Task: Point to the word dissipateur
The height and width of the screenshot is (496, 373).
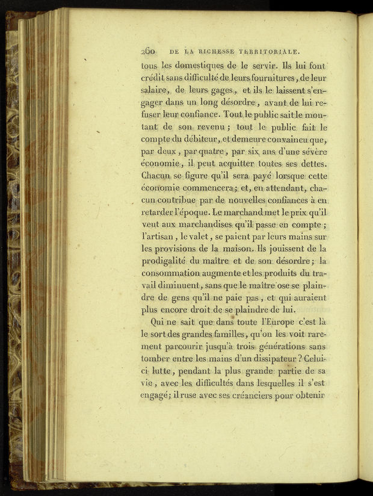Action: point(270,361)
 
